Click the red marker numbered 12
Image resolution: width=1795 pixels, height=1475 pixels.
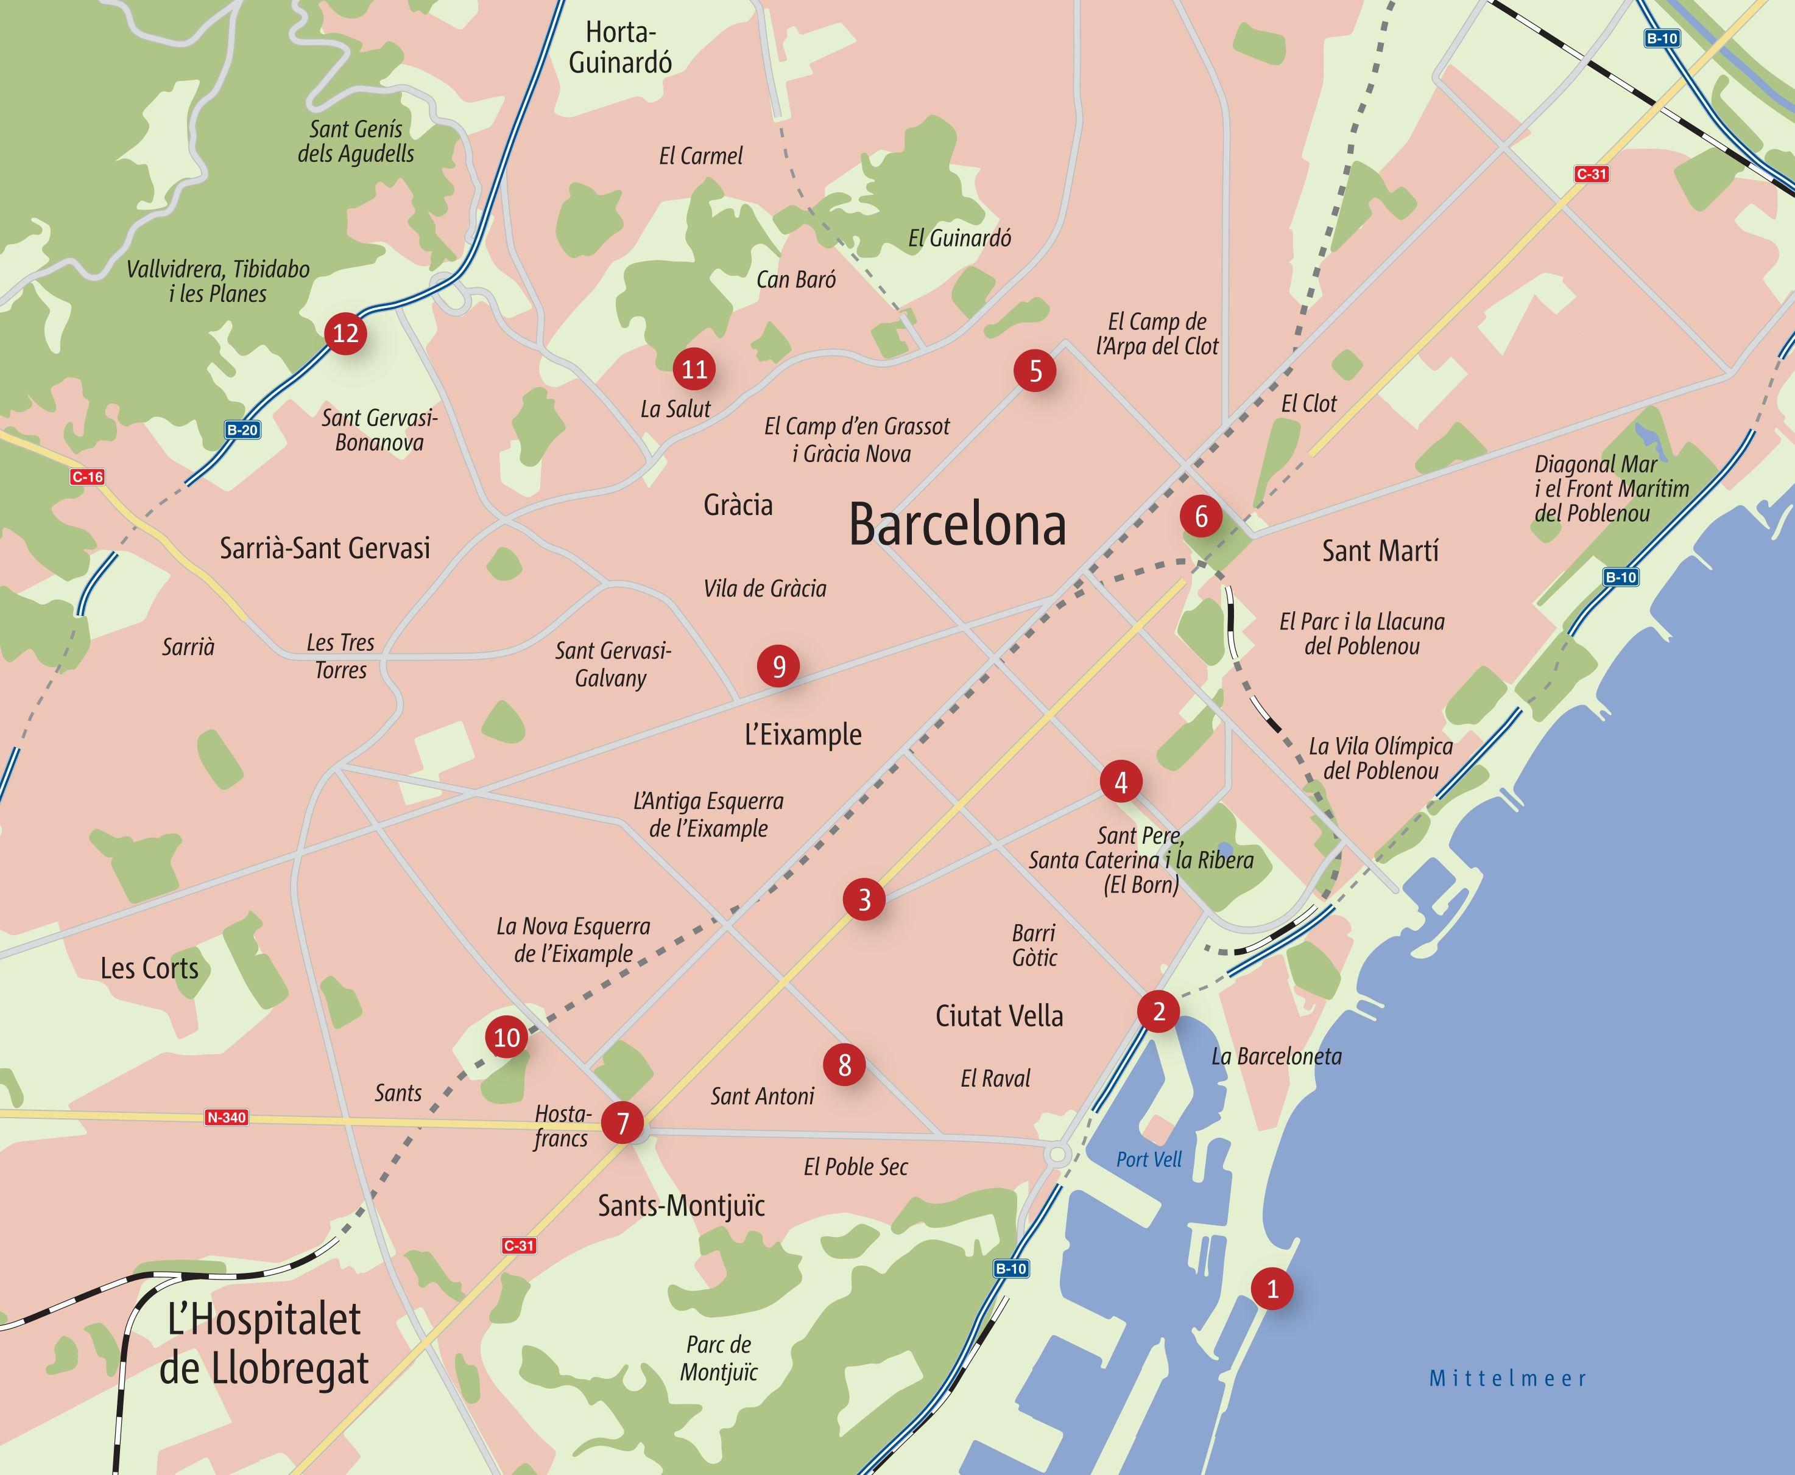(345, 333)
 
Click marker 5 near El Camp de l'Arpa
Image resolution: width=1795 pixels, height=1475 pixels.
(1035, 371)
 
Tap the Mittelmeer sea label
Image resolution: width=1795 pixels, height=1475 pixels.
(1508, 1378)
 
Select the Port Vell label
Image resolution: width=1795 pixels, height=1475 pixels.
(1149, 1160)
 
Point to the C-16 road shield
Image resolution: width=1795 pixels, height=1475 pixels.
(88, 477)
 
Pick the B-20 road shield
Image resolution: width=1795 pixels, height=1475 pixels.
(242, 430)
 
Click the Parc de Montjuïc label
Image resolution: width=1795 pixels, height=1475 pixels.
(718, 1358)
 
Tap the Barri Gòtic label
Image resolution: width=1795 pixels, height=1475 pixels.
(1034, 945)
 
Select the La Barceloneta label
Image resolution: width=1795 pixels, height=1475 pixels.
(1277, 1057)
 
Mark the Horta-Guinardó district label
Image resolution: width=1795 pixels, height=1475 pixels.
(621, 47)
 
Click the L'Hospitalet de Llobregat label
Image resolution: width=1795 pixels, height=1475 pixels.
(264, 1344)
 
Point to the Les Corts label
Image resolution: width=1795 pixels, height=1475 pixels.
(150, 968)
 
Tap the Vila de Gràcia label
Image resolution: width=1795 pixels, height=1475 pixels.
(765, 588)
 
